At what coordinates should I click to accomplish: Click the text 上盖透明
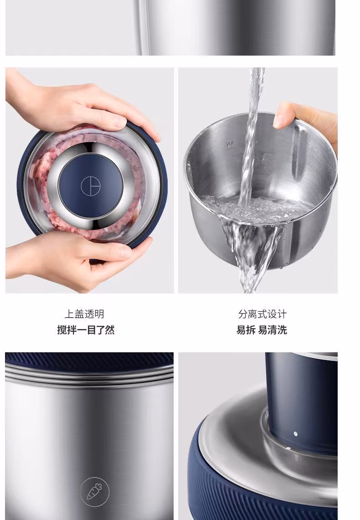click(x=84, y=314)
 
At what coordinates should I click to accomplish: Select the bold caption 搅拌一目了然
click(x=86, y=330)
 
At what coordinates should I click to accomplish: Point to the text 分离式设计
click(x=262, y=314)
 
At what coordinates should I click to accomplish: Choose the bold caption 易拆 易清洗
click(x=262, y=330)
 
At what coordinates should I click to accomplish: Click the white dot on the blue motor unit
click(x=295, y=433)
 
